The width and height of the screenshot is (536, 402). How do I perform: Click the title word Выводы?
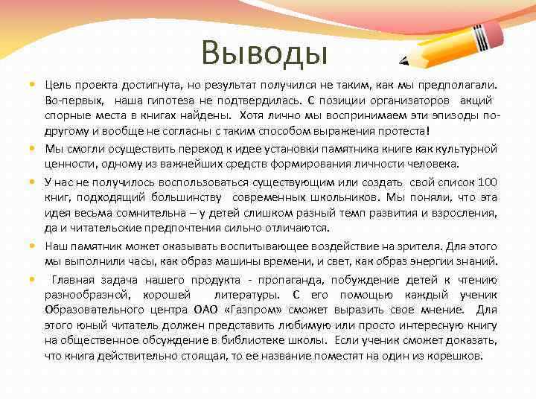(265, 53)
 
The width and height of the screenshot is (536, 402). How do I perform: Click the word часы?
(131, 261)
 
